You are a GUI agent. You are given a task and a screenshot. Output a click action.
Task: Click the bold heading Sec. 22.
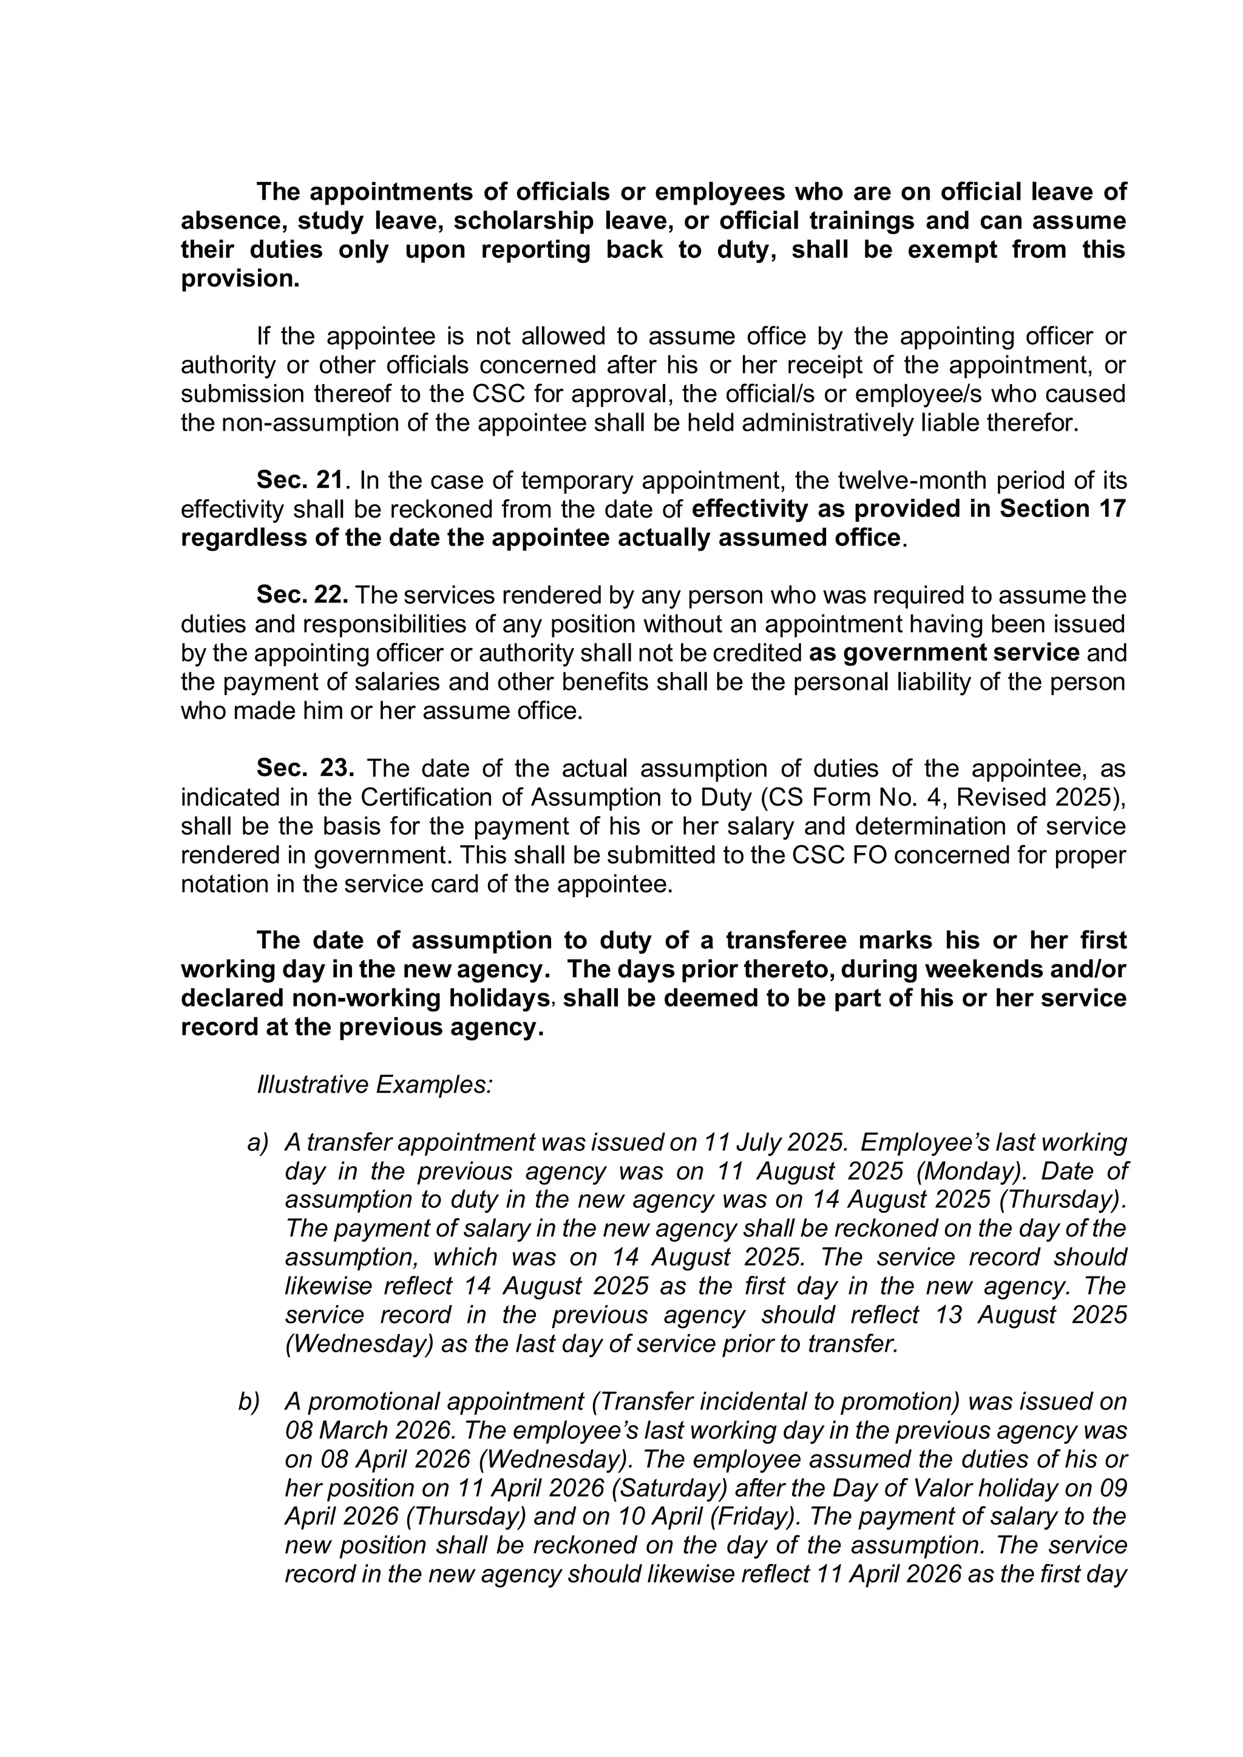pyautogui.click(x=302, y=595)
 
